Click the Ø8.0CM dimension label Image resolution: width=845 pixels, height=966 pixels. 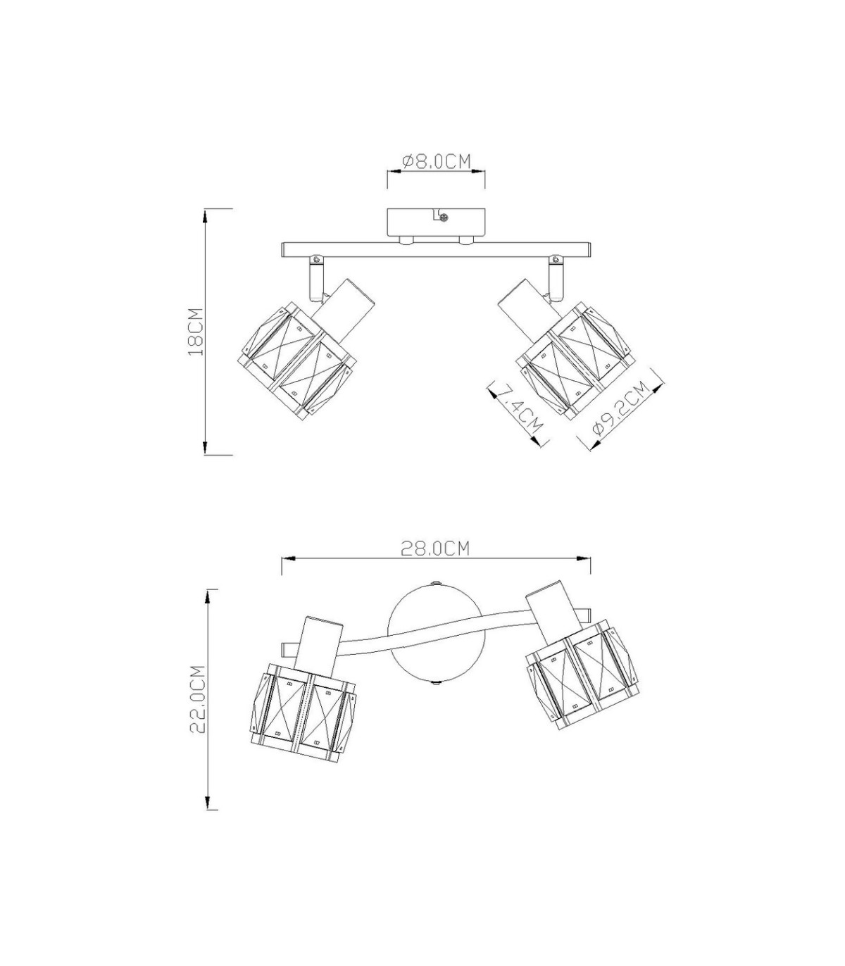437,162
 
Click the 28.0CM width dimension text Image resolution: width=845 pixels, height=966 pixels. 436,548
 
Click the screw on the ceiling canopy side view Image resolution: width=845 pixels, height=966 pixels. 444,217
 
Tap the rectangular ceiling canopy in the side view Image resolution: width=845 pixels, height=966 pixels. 436,222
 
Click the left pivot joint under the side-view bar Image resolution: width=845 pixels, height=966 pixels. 315,278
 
